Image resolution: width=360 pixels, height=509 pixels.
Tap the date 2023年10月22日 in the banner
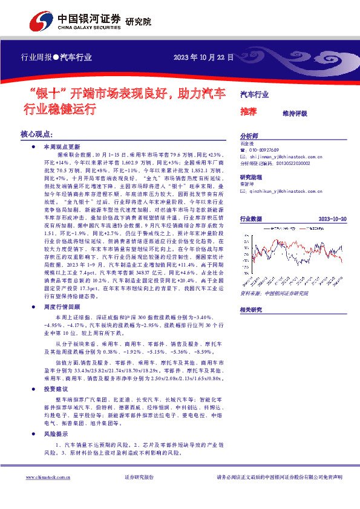point(203,57)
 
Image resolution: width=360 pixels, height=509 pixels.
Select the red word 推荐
point(249,111)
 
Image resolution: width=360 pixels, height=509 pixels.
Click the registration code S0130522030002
point(276,163)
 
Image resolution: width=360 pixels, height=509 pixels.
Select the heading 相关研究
point(250,310)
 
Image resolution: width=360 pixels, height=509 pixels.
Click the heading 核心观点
point(37,134)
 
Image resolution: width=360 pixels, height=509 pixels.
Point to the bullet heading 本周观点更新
point(57,147)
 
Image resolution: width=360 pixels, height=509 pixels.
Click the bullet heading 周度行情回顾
point(57,306)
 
